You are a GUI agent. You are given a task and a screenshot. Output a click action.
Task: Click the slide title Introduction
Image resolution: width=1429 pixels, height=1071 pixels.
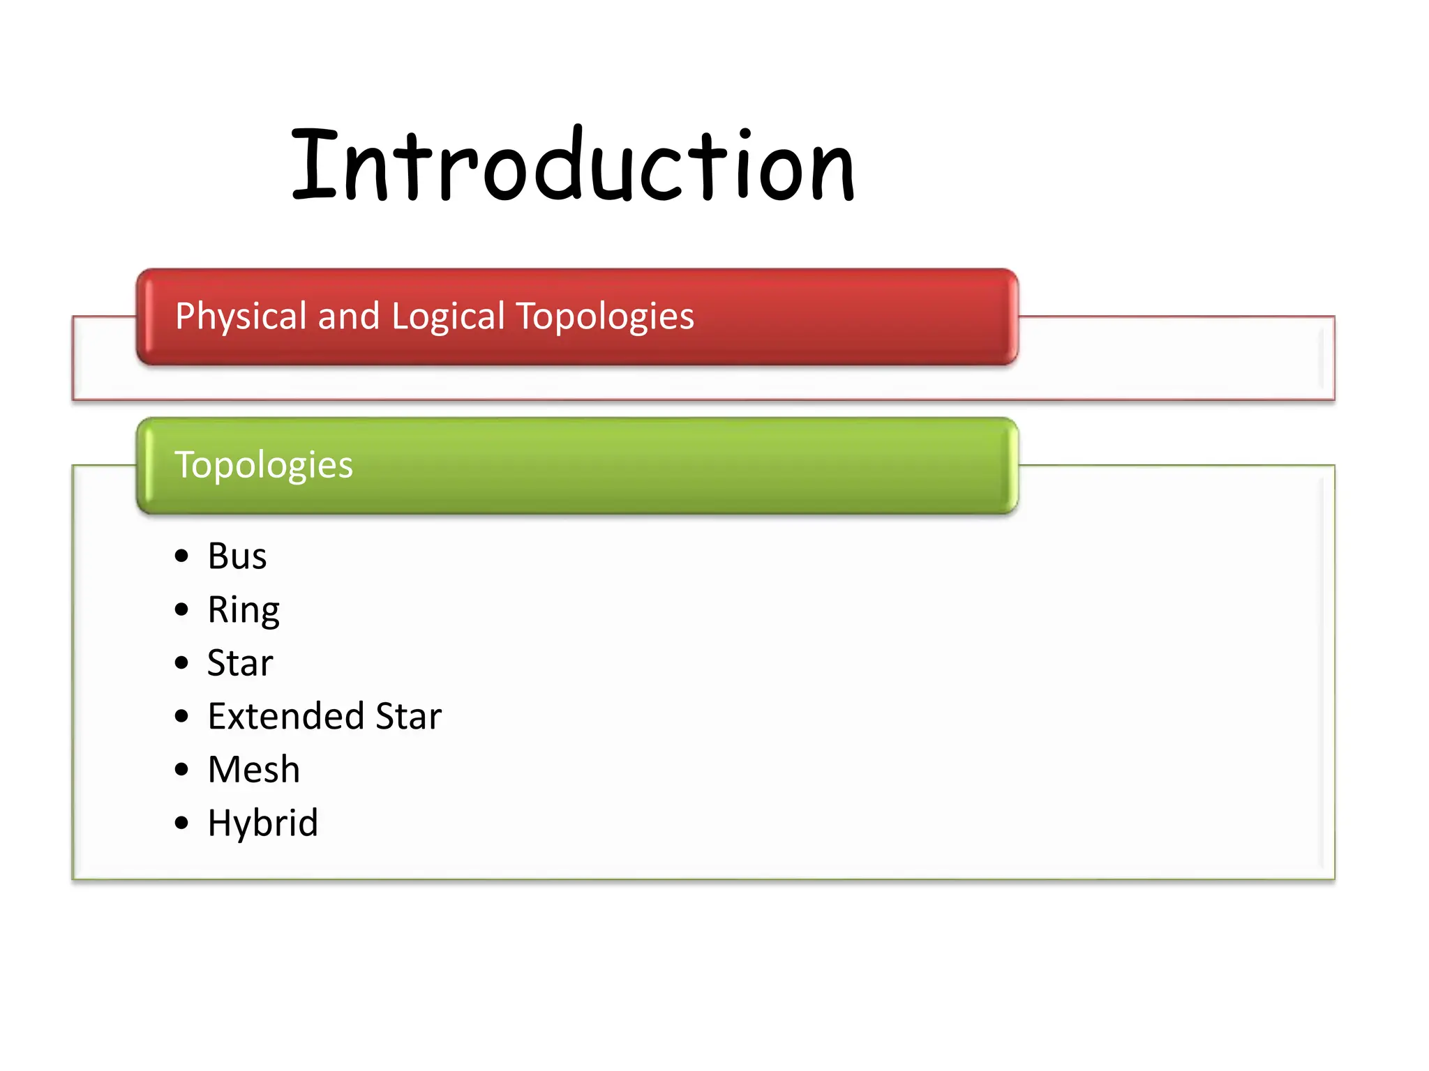tap(572, 166)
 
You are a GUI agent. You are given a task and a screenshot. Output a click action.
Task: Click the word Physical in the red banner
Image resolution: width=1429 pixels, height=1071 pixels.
tap(241, 317)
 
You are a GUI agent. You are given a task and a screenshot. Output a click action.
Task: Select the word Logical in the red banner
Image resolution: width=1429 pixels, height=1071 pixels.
tap(448, 317)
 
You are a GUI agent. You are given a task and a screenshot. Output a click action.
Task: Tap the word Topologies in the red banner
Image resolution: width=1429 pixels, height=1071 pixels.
tap(604, 317)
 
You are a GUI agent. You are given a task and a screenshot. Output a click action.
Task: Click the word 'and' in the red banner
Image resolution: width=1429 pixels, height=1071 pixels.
tap(348, 317)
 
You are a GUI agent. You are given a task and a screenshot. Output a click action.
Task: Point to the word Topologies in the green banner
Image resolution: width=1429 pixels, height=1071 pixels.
tap(264, 465)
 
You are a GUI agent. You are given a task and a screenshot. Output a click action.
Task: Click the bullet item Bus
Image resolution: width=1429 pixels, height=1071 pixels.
tap(237, 556)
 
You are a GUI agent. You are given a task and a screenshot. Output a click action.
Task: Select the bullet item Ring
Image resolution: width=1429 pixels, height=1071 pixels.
tap(244, 611)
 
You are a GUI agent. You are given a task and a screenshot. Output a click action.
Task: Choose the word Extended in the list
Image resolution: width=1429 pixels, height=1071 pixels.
tap(286, 716)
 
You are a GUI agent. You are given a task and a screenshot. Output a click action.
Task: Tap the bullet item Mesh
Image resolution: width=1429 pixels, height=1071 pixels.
tap(254, 770)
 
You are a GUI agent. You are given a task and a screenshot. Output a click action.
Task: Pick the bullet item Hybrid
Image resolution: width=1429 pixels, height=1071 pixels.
tap(263, 823)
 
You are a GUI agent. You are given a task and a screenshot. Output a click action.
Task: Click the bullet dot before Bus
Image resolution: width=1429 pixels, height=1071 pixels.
tap(182, 556)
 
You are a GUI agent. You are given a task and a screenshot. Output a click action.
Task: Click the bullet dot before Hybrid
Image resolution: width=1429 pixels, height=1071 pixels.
tap(182, 823)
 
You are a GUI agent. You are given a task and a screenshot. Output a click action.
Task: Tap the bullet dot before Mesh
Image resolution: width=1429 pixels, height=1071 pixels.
tap(182, 770)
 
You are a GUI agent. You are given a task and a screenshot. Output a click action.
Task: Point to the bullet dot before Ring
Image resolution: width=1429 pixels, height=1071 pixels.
tap(182, 610)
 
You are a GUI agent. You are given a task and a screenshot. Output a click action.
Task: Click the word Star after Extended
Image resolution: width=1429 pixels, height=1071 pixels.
tap(408, 716)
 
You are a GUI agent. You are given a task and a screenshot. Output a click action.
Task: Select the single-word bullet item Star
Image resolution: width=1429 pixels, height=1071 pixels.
tap(240, 663)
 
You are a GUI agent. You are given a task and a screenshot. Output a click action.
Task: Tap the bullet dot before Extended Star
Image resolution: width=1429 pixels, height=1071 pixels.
tap(182, 716)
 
